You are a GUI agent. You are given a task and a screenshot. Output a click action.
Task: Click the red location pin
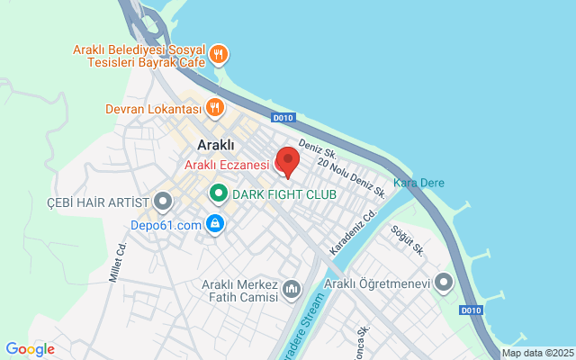tap(287, 161)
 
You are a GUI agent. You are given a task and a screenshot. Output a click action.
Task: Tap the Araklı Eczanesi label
tap(227, 165)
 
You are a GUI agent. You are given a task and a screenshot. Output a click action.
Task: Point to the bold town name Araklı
tap(216, 145)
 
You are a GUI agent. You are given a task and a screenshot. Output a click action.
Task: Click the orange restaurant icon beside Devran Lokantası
tap(214, 109)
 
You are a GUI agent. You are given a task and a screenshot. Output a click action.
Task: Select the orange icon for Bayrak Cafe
tap(218, 56)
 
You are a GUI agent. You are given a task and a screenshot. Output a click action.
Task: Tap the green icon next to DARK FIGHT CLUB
tap(218, 193)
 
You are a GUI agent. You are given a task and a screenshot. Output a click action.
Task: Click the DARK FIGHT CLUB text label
tap(284, 194)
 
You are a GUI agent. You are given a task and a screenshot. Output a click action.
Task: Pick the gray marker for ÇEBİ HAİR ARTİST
tap(163, 200)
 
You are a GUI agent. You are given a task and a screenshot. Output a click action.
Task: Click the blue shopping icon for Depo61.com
tap(214, 224)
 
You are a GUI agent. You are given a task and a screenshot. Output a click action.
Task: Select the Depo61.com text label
tap(166, 225)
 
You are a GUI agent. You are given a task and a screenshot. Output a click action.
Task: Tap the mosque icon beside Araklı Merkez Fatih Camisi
tap(292, 289)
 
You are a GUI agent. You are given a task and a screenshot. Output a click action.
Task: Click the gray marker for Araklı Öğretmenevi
tap(443, 283)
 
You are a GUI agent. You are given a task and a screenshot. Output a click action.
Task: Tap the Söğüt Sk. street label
tap(408, 239)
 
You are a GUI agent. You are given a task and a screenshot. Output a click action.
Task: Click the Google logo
tap(30, 349)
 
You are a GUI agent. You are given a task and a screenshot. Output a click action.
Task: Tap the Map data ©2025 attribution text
tap(537, 354)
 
